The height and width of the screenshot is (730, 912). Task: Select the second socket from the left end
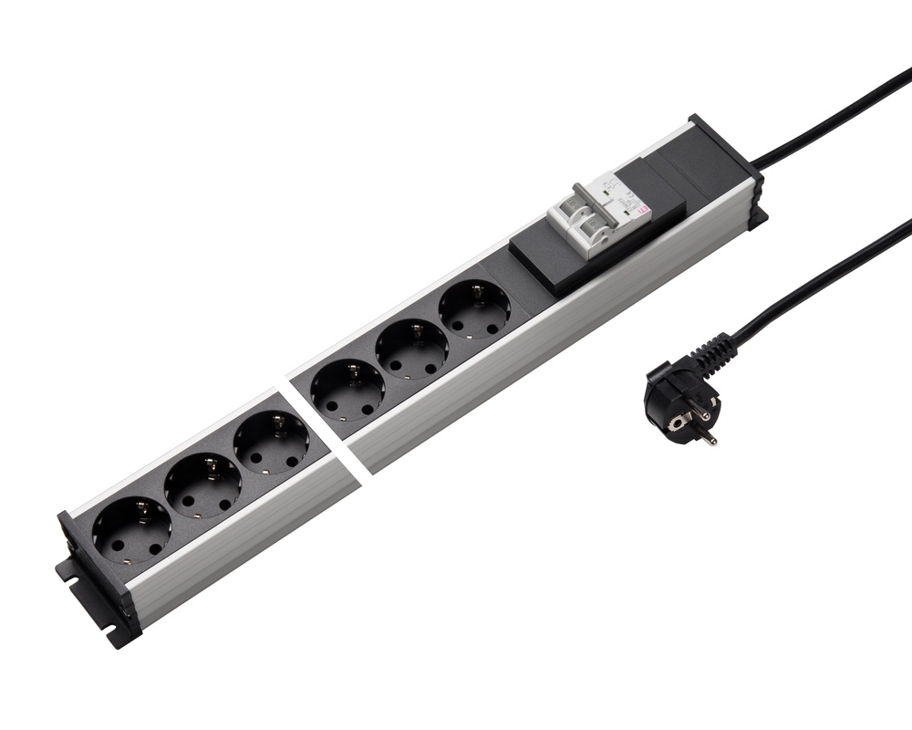pyautogui.click(x=202, y=485)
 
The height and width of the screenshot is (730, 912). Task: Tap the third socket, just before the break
pyautogui.click(x=271, y=442)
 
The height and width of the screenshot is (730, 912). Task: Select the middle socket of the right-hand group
pyautogui.click(x=412, y=349)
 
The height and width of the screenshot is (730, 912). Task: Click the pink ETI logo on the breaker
pyautogui.click(x=644, y=212)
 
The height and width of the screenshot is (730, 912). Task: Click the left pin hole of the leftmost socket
pyautogui.click(x=120, y=546)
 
